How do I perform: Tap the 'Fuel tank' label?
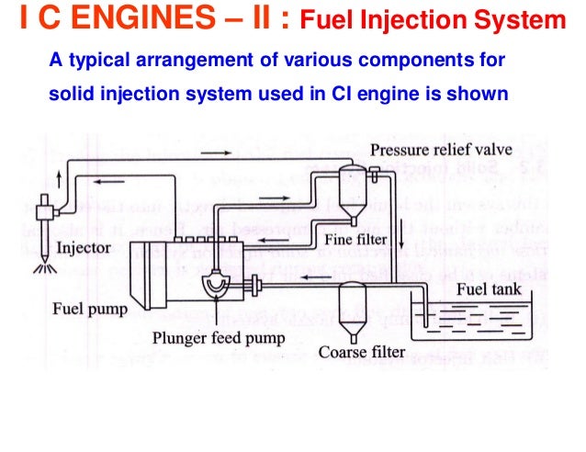pos(487,288)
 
